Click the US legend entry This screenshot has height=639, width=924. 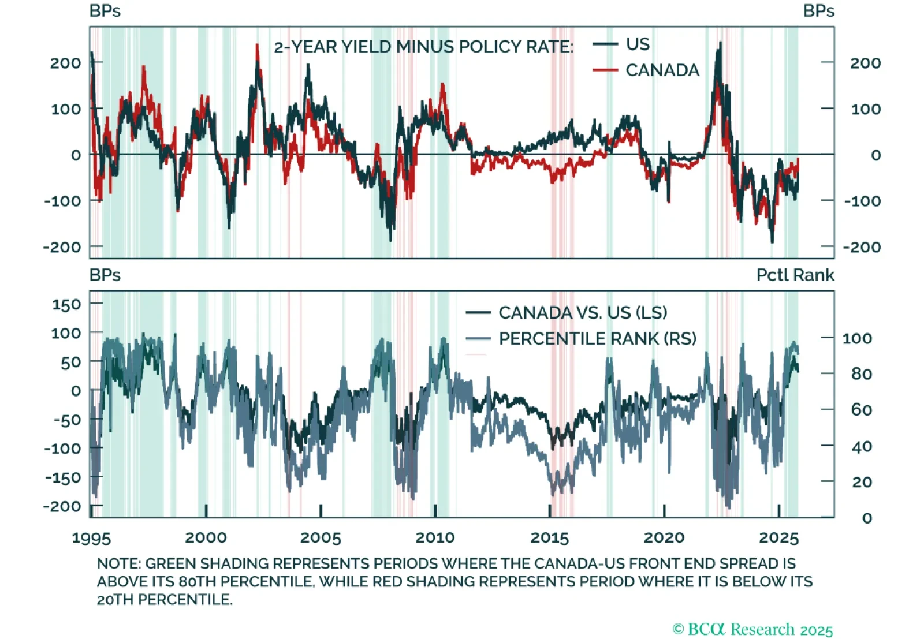637,44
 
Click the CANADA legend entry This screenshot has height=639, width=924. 662,70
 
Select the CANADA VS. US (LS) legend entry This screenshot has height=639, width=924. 582,313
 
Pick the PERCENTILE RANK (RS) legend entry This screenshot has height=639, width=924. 597,339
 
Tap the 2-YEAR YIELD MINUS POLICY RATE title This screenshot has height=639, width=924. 423,47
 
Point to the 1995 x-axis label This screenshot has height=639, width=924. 91,538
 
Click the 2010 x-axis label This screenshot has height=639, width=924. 435,538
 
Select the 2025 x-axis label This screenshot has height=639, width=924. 778,538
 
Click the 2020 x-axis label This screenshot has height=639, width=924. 664,538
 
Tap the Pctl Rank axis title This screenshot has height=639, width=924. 795,275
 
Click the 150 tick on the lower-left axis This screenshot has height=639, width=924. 66,304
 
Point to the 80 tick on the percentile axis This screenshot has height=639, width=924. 861,374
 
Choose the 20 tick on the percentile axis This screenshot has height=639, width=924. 861,482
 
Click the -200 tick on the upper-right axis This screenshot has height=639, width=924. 862,248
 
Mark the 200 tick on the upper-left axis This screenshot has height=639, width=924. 65,63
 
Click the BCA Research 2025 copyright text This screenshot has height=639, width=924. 752,629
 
